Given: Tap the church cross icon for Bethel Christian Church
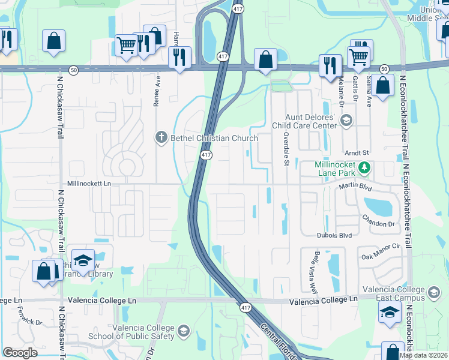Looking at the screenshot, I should pyautogui.click(x=161, y=138).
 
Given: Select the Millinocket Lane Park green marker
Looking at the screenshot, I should pyautogui.click(x=364, y=169).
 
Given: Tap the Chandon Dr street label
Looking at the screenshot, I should pyautogui.click(x=381, y=221).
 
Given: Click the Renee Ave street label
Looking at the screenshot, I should pyautogui.click(x=157, y=90).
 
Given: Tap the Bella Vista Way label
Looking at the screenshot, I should pyautogui.click(x=313, y=269).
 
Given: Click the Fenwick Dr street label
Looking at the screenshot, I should pyautogui.click(x=30, y=323).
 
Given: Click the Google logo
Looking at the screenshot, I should pyautogui.click(x=20, y=352).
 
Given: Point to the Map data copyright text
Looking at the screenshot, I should pyautogui.click(x=424, y=355).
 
